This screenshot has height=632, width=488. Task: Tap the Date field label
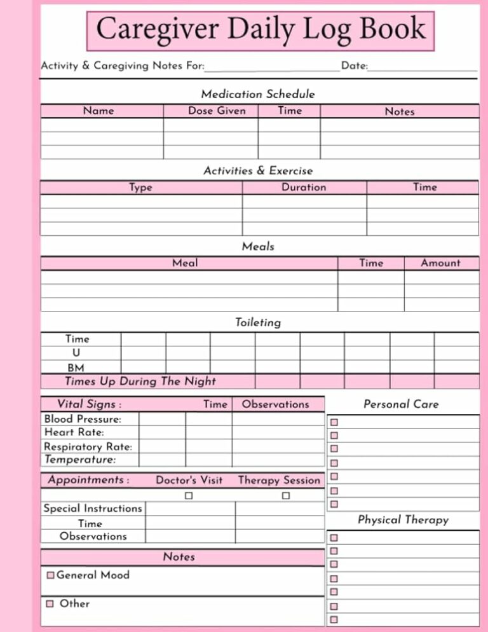click(x=355, y=66)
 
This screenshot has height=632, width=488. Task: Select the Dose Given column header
click(x=217, y=111)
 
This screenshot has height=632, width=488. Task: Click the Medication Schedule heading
click(x=257, y=94)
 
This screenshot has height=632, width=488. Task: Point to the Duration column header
click(x=304, y=187)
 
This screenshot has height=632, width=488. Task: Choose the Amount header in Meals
click(x=440, y=263)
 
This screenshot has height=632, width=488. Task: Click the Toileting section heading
click(x=257, y=322)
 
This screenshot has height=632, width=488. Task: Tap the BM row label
click(x=76, y=368)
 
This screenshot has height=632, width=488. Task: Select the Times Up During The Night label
click(x=140, y=381)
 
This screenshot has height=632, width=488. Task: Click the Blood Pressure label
click(x=83, y=419)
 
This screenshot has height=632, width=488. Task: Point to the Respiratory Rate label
click(x=88, y=447)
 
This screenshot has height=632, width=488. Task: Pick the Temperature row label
click(x=80, y=459)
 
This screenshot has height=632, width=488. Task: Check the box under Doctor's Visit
click(x=189, y=495)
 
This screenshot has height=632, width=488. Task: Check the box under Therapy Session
click(x=286, y=495)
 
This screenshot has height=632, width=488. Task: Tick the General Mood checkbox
click(x=51, y=575)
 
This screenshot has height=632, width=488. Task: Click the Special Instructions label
click(x=93, y=508)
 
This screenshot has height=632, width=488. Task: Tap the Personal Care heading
click(x=401, y=404)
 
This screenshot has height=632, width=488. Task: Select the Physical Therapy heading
click(x=403, y=520)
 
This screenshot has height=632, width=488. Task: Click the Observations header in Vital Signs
click(x=275, y=404)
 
